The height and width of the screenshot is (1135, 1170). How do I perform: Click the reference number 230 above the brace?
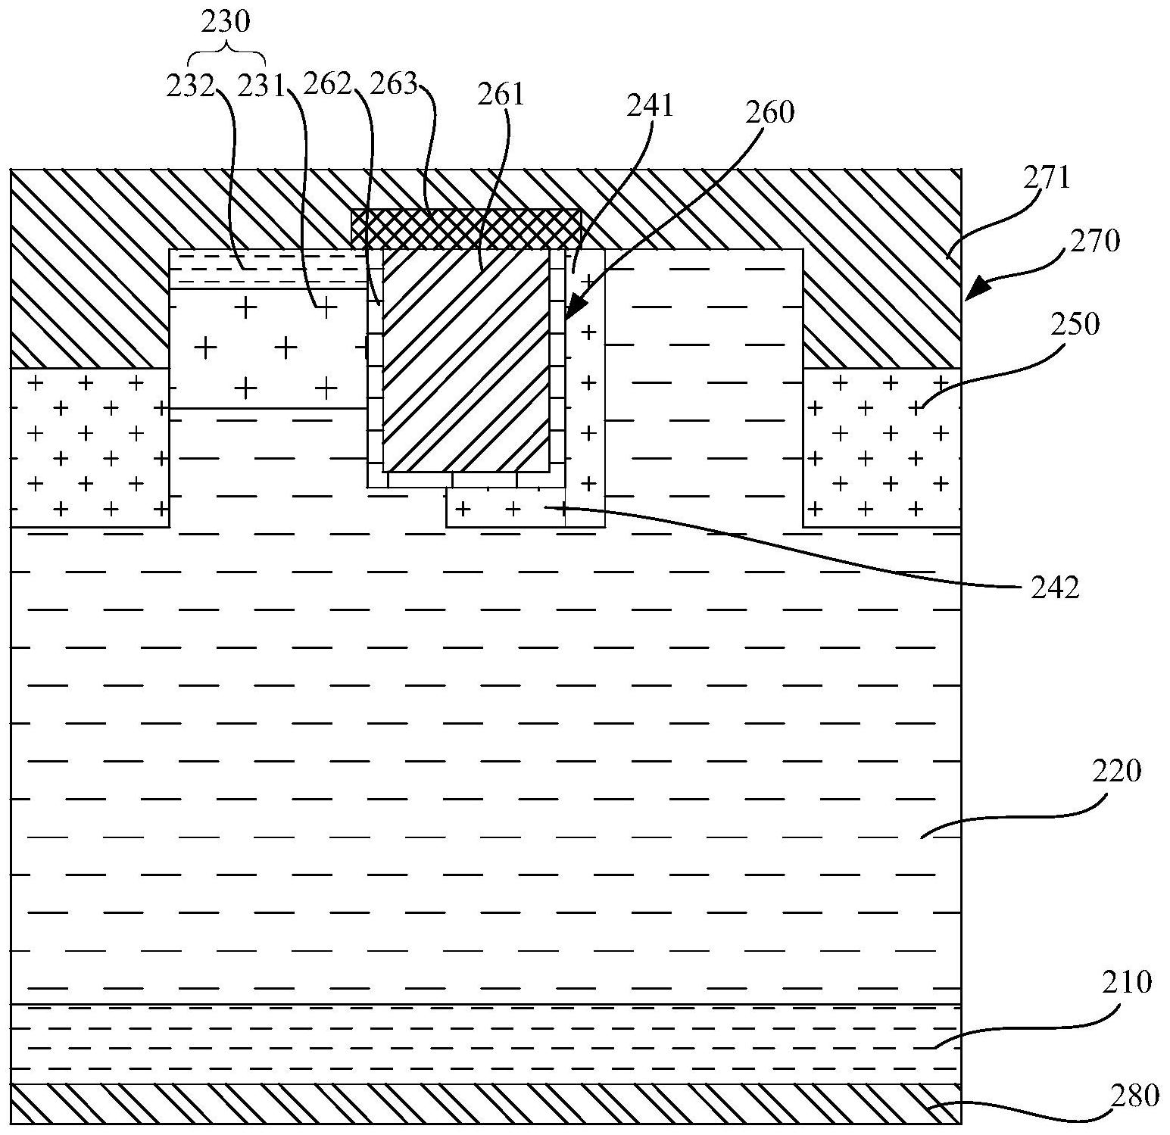(226, 23)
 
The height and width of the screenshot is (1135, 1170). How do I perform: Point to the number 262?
(327, 85)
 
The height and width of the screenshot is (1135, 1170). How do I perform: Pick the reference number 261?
(501, 94)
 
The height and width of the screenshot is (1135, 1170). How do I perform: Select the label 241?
(650, 106)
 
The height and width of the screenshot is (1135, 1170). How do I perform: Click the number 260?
(769, 112)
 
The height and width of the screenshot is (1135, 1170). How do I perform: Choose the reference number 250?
(1075, 324)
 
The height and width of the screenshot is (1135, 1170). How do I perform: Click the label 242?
(1055, 588)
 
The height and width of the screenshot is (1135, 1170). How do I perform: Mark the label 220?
(1115, 772)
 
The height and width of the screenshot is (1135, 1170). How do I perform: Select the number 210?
(1128, 982)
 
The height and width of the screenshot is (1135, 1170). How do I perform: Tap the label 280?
(1134, 1096)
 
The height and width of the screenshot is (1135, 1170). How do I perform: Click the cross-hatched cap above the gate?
(466, 229)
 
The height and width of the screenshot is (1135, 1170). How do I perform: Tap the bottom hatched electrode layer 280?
(485, 1103)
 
